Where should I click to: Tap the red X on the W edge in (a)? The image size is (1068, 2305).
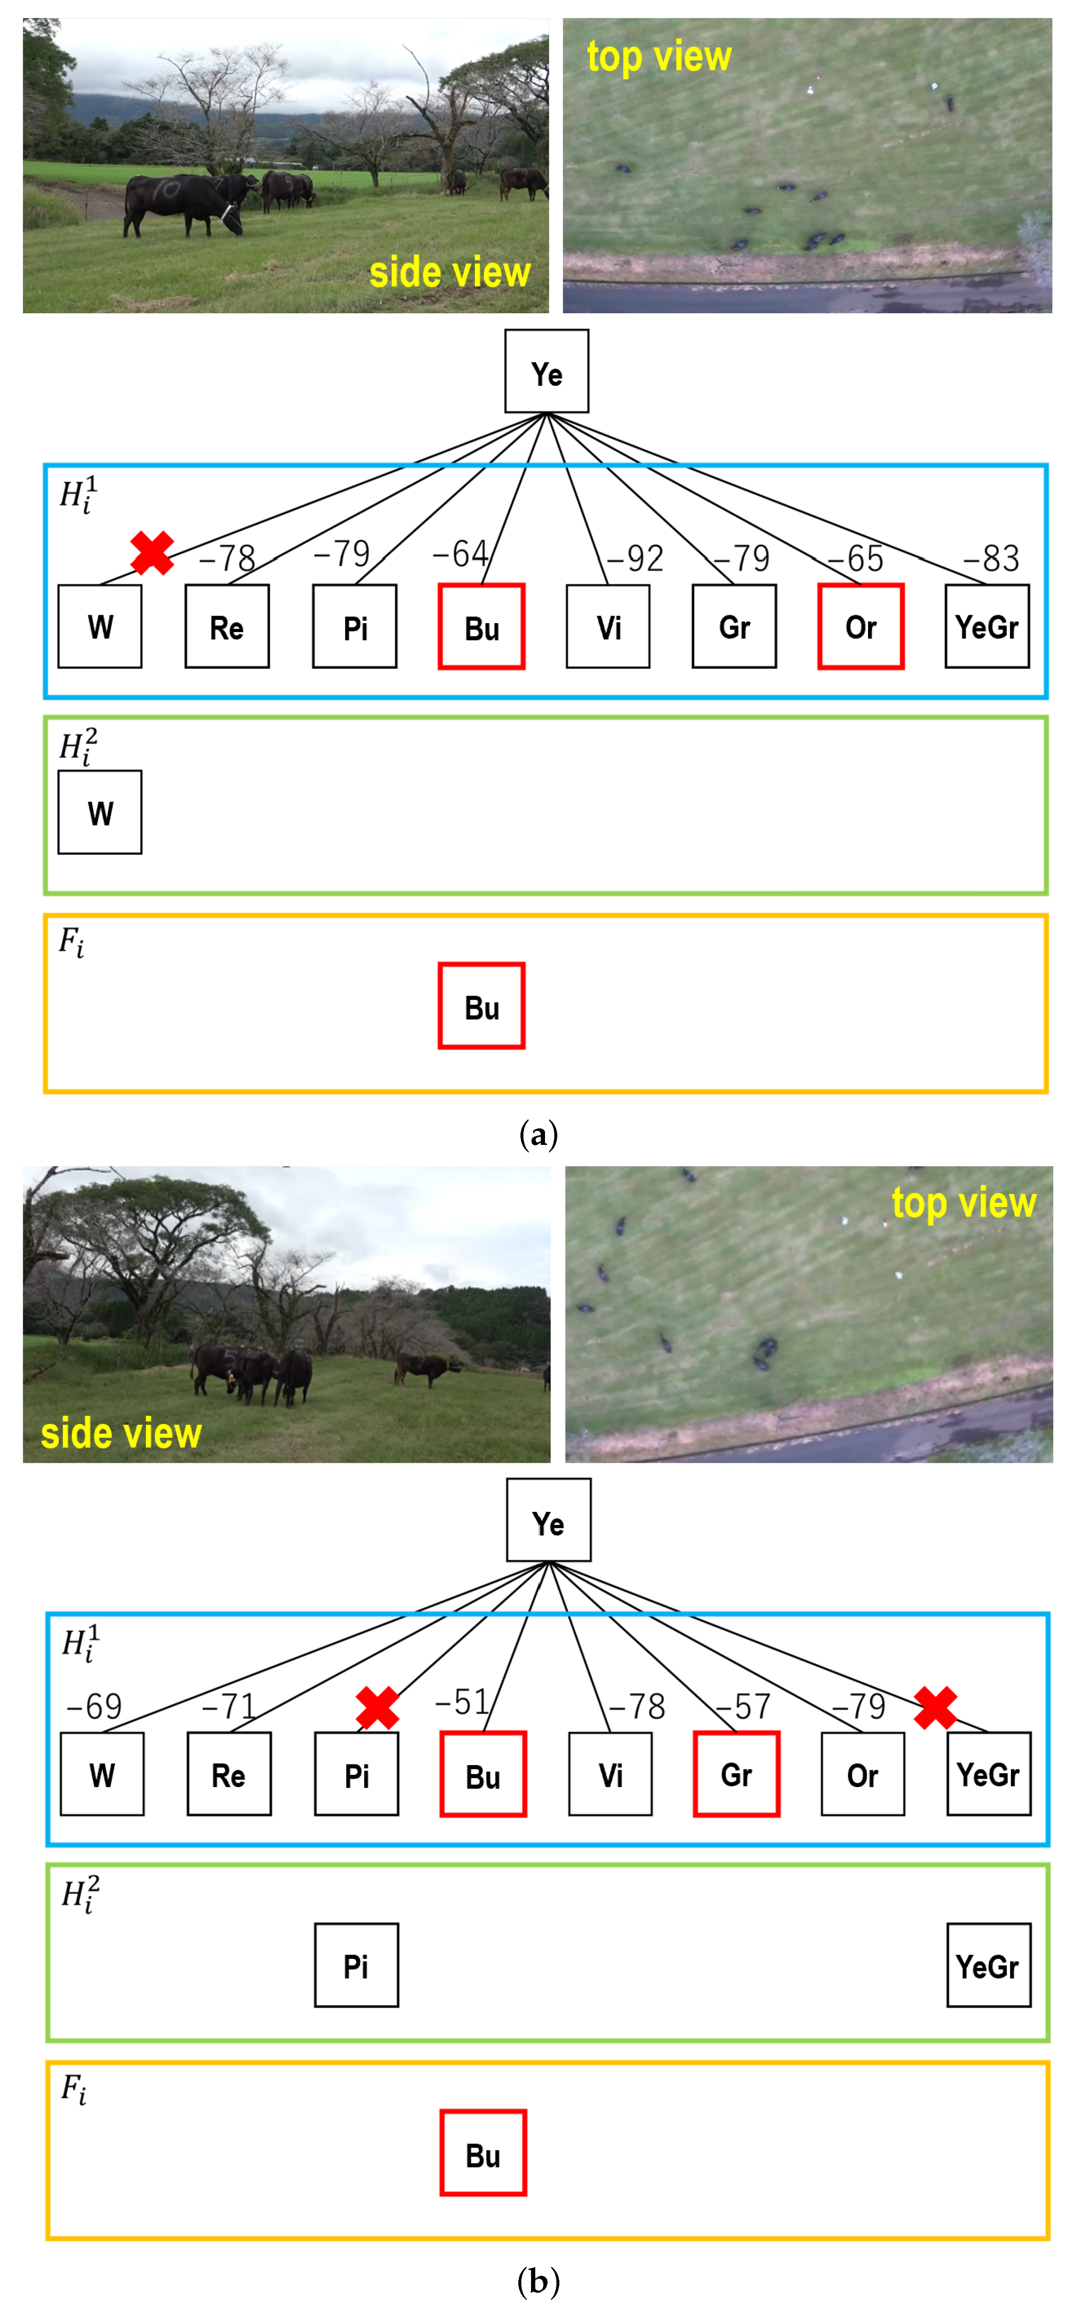152,552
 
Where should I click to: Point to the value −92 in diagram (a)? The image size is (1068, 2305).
635,558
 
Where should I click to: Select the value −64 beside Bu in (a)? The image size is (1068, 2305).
460,554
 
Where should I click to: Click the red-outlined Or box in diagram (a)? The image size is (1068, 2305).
860,627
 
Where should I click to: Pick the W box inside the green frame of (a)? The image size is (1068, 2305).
100,813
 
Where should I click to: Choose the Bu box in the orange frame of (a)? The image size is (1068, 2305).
481,1006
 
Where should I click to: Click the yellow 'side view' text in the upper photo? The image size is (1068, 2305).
450,272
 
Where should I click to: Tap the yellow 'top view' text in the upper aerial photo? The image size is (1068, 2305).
659,56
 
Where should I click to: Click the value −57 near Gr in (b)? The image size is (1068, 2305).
742,1706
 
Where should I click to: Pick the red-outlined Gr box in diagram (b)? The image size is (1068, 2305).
736,1774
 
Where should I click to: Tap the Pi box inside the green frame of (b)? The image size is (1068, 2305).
356,1965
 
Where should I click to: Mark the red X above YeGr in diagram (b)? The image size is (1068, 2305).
936,1707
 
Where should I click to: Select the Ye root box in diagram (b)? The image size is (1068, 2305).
548,1520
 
